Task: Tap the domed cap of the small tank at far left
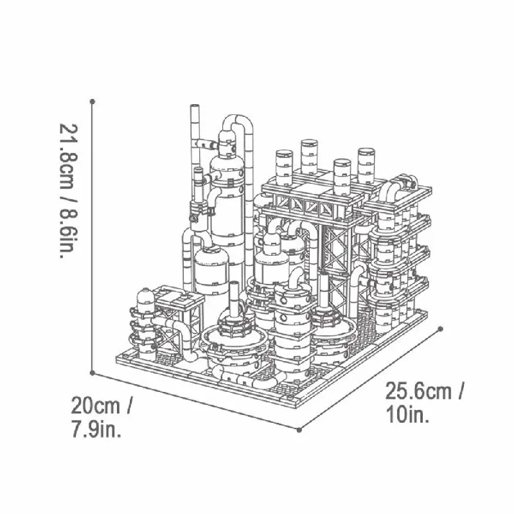144,296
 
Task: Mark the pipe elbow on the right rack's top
393,189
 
